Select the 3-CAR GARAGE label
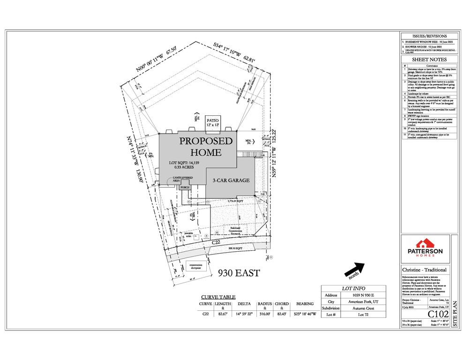231,180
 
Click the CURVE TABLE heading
218,297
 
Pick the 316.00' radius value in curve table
265,314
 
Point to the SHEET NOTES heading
429,60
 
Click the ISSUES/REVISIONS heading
429,36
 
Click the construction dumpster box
195,266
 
